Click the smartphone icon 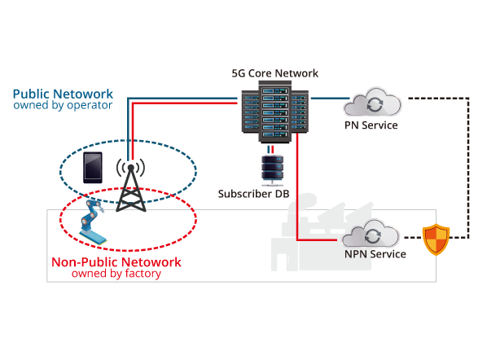pyautogui.click(x=93, y=168)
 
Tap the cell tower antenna pyautogui.click(x=131, y=185)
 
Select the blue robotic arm pyautogui.click(x=92, y=222)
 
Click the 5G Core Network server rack pyautogui.click(x=275, y=112)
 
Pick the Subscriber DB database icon pyautogui.click(x=272, y=169)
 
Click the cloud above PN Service pyautogui.click(x=372, y=102)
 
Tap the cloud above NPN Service pyautogui.click(x=371, y=234)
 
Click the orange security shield pyautogui.click(x=436, y=239)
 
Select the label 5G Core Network pyautogui.click(x=275, y=73)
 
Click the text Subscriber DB pyautogui.click(x=254, y=194)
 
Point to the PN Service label pyautogui.click(x=371, y=125)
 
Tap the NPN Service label pyautogui.click(x=375, y=254)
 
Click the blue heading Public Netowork pyautogui.click(x=63, y=94)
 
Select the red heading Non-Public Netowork pyautogui.click(x=116, y=262)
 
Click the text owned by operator pyautogui.click(x=63, y=105)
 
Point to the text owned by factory pyautogui.click(x=116, y=274)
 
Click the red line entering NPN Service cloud pyautogui.click(x=317, y=239)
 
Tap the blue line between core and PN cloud pyautogui.click(x=330, y=99)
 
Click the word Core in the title pyautogui.click(x=261, y=73)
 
